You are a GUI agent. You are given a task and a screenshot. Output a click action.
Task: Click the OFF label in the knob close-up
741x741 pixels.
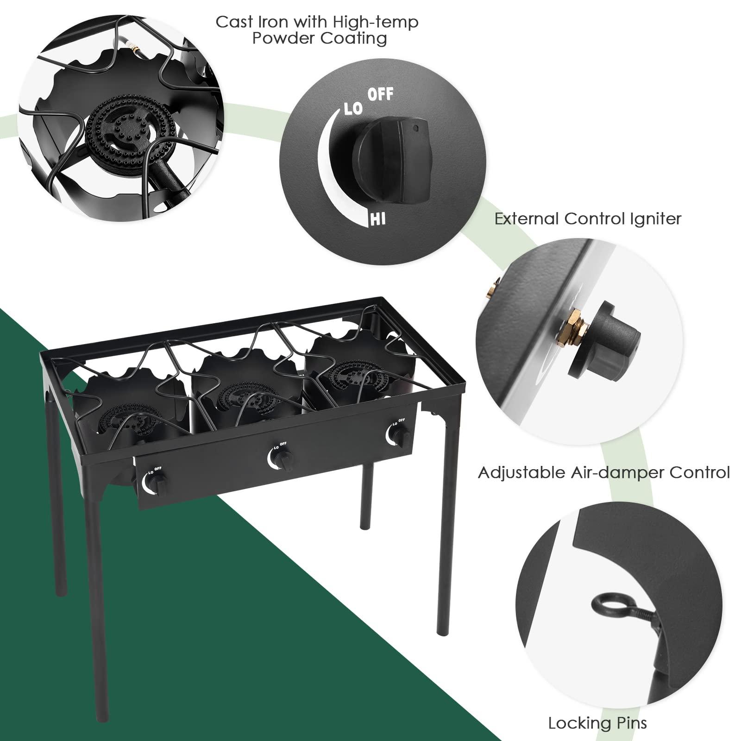(x=380, y=94)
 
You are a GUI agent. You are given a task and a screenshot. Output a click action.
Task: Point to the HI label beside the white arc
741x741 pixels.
(x=377, y=219)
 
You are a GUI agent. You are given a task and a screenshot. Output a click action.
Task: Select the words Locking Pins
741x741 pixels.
(x=597, y=722)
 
